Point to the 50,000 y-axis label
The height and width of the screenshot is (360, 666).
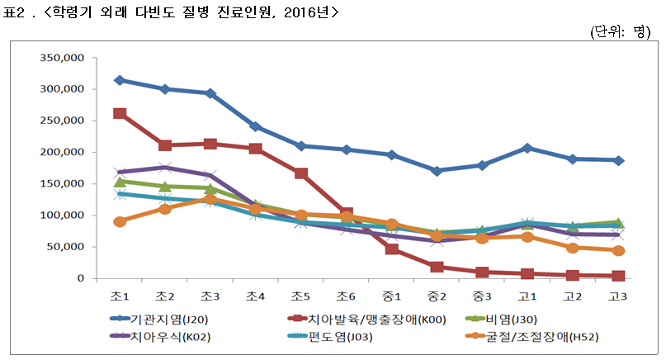coord(67,247)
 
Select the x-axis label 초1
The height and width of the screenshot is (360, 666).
coord(120,296)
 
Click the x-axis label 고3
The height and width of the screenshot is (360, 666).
coord(617,296)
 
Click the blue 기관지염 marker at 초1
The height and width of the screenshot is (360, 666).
coord(120,80)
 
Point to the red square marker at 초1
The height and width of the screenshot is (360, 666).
coord(120,114)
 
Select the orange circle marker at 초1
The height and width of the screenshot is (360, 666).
coord(120,221)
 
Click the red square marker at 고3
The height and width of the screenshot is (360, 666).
coord(617,276)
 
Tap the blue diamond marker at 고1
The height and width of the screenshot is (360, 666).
coord(527,148)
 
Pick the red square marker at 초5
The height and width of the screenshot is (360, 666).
coord(300,173)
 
